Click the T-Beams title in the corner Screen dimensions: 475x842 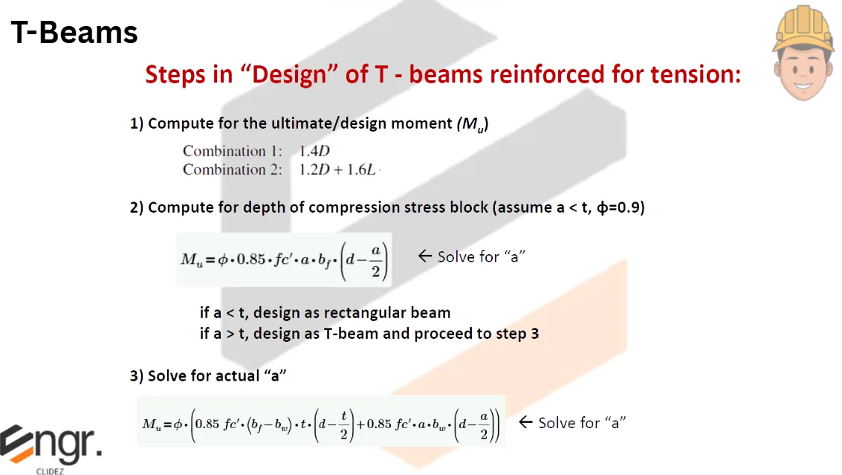pos(74,33)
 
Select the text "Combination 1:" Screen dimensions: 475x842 pos(233,151)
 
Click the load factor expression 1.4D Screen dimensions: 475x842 pos(314,151)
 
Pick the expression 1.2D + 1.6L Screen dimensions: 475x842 pos(339,169)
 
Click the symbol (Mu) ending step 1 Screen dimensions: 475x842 pos(472,125)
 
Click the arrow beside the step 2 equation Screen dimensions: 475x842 pos(424,256)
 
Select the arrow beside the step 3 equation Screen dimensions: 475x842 pos(525,422)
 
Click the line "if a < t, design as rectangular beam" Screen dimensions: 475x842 pos(325,313)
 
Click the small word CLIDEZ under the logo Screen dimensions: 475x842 pos(49,471)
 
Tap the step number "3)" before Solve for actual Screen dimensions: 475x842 pos(137,376)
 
